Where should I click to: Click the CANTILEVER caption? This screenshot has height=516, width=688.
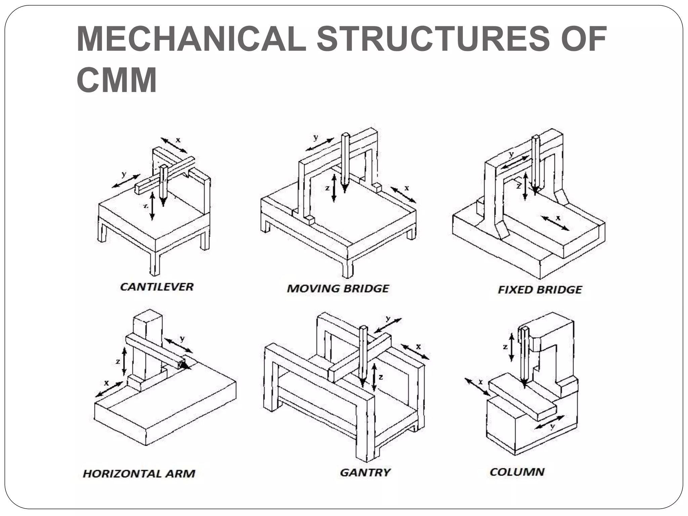157,287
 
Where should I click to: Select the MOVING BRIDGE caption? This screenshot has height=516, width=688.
338,289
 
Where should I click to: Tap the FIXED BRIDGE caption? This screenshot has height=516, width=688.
540,290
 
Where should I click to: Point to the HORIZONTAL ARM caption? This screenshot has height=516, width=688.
139,474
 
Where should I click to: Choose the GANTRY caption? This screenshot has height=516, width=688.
365,472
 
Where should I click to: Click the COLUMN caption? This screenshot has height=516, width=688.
517,472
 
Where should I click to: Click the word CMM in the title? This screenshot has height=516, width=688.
117,80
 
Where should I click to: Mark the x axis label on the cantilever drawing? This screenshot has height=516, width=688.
178,139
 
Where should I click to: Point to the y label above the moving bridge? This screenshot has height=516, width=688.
316,137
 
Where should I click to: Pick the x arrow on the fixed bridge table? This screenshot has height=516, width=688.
555,223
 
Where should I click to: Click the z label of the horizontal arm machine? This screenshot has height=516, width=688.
118,361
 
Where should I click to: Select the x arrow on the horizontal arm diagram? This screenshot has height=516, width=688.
109,389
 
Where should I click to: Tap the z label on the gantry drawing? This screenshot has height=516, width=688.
381,377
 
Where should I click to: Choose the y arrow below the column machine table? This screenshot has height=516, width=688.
549,422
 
